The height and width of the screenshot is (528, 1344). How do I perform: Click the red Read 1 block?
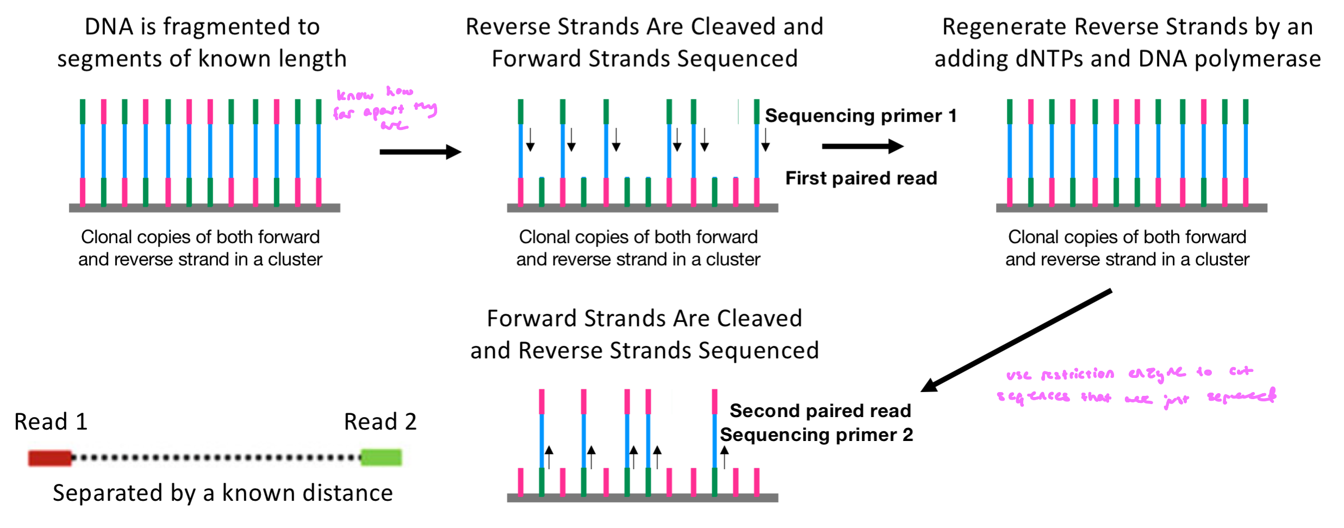[x=49, y=457]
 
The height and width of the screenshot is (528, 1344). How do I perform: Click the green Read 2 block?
[x=381, y=457]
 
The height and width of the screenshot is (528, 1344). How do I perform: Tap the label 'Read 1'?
[x=51, y=422]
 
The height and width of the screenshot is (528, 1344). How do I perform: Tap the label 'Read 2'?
[x=380, y=422]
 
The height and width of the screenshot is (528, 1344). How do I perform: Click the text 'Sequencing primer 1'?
[x=860, y=116]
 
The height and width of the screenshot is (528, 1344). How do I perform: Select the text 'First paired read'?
[x=861, y=178]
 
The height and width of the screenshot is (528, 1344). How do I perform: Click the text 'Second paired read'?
[x=820, y=411]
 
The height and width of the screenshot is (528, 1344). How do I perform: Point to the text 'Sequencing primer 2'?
[x=816, y=435]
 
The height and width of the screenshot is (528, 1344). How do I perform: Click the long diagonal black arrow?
[x=1017, y=340]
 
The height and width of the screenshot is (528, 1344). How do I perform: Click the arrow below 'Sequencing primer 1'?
[x=862, y=146]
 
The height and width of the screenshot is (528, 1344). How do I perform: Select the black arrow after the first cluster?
[x=420, y=152]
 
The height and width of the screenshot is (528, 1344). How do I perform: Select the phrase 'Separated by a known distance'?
[x=222, y=493]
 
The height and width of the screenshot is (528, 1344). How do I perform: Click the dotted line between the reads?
[x=216, y=457]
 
